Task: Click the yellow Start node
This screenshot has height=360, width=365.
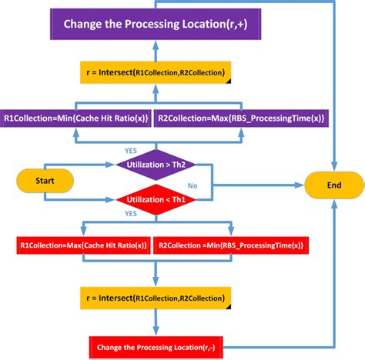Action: (45, 181)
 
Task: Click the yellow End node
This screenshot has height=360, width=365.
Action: (334, 185)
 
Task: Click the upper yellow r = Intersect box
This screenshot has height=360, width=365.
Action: (155, 74)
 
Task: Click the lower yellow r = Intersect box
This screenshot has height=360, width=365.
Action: (155, 298)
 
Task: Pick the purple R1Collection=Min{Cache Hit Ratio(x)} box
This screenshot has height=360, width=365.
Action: (76, 118)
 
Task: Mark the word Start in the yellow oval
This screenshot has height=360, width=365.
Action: (45, 181)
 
